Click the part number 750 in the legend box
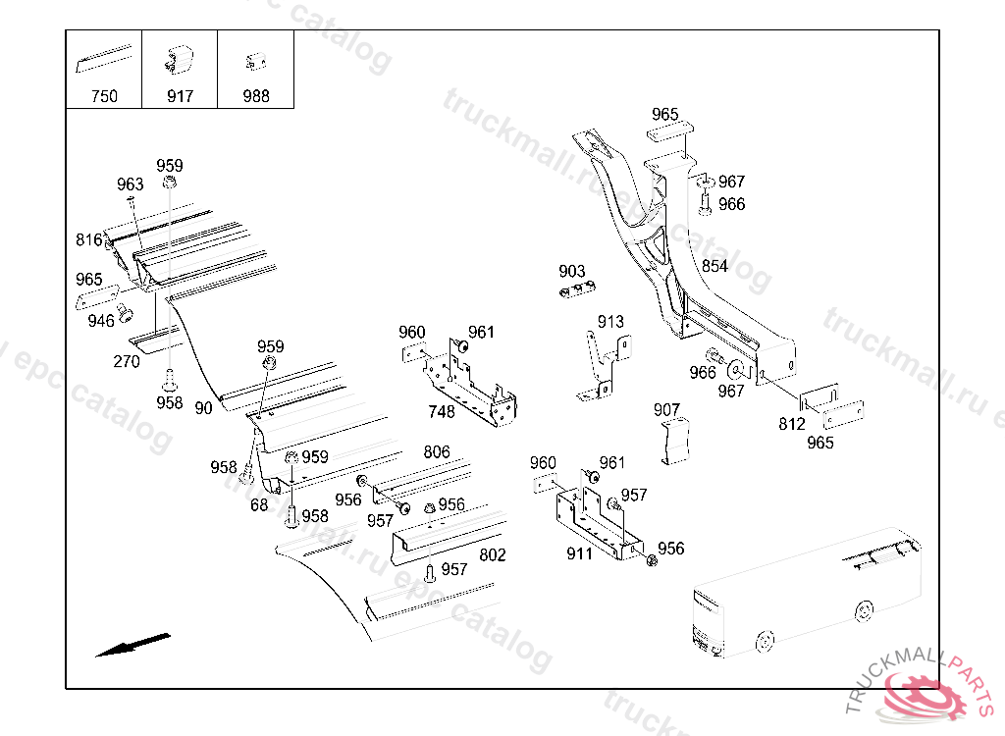point(103,96)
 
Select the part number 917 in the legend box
point(180,96)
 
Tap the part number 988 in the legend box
point(255,96)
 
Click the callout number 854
point(714,266)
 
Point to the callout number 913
point(610,322)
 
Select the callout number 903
point(571,272)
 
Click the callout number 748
point(442,412)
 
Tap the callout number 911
point(579,554)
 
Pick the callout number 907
point(666,409)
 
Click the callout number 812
point(791,424)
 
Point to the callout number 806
point(437,452)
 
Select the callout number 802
point(492,555)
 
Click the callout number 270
point(127,361)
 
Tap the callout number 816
point(88,240)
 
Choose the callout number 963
point(130,184)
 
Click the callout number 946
point(100,321)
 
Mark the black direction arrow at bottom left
point(132,644)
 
